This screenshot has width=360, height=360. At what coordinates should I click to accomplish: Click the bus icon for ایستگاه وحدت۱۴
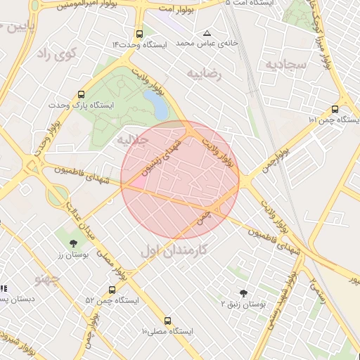pos(139,34)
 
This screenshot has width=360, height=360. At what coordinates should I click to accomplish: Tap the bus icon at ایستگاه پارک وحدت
pos(82,94)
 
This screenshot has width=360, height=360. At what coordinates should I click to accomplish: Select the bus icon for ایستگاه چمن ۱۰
pos(335,109)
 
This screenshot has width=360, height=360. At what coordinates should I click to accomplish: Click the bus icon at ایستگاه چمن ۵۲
pos(112,289)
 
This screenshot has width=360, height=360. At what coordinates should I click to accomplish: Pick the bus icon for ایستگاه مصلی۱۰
pos(167,320)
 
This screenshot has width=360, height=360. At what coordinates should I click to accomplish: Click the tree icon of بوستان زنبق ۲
pos(243,292)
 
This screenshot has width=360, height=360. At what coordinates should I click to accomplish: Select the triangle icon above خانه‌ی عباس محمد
pos(207,33)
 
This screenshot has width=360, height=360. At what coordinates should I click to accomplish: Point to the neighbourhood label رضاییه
pos(205,72)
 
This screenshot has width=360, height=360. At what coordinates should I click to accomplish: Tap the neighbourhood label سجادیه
pos(285,65)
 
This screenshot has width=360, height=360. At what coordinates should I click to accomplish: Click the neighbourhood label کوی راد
pos(56,54)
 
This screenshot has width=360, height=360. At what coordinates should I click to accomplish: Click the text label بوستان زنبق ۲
pos(244,304)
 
